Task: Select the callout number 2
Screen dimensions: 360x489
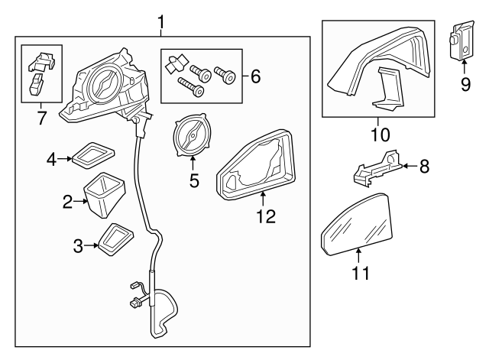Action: (x=67, y=202)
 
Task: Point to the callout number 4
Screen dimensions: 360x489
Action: (x=51, y=159)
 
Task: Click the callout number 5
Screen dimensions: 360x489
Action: (x=193, y=182)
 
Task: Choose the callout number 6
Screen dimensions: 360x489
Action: (x=255, y=76)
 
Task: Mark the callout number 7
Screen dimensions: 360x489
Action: (x=40, y=119)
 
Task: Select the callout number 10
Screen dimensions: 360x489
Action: (x=380, y=135)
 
